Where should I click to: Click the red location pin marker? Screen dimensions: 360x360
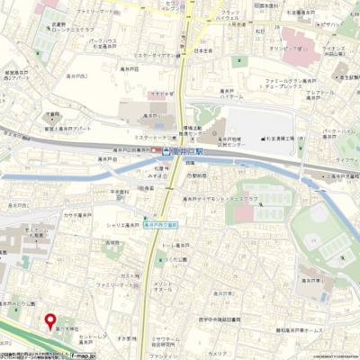point(49,320)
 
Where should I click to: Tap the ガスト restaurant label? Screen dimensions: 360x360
point(129,275)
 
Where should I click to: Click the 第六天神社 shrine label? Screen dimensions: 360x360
point(68,330)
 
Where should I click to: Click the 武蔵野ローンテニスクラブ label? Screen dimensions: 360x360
point(72,27)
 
